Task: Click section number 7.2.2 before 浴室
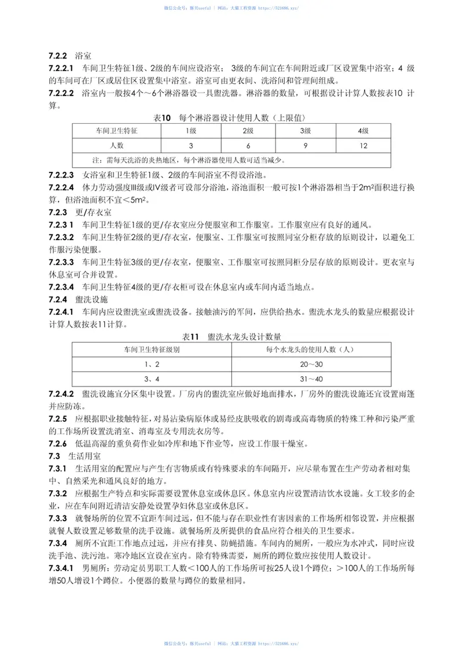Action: pyautogui.click(x=58, y=56)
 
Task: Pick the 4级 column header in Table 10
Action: pyautogui.click(x=363, y=131)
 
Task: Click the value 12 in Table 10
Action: pyautogui.click(x=363, y=145)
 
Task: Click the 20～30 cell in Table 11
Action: pyautogui.click(x=310, y=364)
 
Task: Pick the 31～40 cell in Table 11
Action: pyautogui.click(x=310, y=378)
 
